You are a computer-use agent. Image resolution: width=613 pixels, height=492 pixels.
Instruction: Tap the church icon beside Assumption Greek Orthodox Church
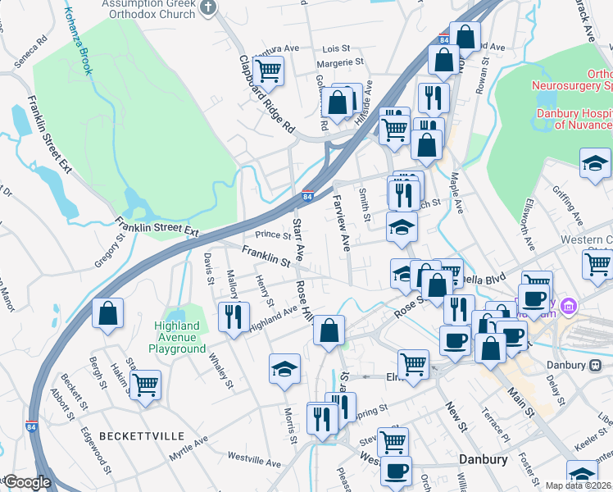(208, 8)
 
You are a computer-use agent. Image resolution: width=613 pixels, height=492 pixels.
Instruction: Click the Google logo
(27, 482)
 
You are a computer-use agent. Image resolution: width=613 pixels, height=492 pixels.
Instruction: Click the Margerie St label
(339, 61)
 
